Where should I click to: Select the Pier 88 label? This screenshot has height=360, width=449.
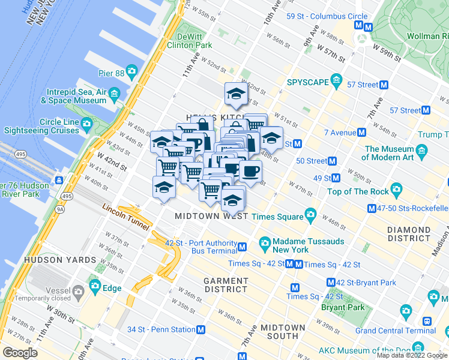112,74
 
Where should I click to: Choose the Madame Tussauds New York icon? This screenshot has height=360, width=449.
264,242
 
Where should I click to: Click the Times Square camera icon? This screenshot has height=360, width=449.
310,214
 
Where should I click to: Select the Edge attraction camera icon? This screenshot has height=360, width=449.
94,287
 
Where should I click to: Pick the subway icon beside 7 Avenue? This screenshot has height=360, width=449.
361,133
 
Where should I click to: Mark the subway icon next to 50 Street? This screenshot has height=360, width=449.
332,161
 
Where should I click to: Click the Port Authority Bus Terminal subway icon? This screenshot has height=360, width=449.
243,247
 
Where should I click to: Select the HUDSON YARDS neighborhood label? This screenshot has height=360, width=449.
60,260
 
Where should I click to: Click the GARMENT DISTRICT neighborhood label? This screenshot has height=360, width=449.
226,285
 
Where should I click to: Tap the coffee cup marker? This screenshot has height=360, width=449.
250,171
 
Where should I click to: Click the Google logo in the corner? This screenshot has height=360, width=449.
19,352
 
